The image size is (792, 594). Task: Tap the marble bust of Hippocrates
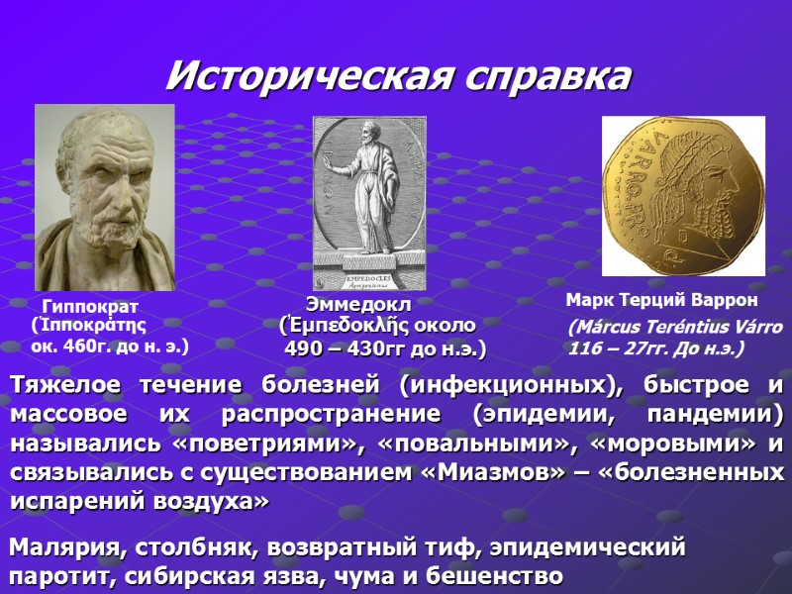pos(104,197)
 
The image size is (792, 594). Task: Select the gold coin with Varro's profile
pos(683,196)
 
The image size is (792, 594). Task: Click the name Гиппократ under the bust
pos(90,307)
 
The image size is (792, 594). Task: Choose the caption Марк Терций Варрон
pos(661,300)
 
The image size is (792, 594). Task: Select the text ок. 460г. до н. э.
pos(110,346)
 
